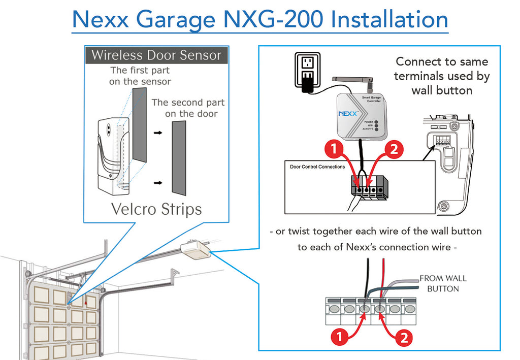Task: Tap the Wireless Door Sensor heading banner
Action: click(156, 55)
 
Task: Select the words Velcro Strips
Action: click(156, 209)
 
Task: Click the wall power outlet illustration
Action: click(307, 70)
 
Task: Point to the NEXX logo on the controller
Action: click(348, 114)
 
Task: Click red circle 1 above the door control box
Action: click(334, 149)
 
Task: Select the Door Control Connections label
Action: click(317, 167)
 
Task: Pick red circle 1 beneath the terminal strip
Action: click(340, 337)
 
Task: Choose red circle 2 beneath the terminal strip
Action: click(404, 338)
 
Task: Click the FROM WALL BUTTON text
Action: click(443, 283)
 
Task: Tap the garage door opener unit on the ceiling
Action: click(196, 250)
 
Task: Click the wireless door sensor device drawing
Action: click(113, 156)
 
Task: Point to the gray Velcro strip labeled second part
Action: click(179, 158)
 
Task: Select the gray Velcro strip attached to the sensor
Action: click(139, 125)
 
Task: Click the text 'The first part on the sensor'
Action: click(140, 76)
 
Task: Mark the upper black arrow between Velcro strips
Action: click(158, 133)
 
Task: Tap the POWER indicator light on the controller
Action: click(376, 122)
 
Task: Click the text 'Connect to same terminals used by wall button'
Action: click(442, 76)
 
